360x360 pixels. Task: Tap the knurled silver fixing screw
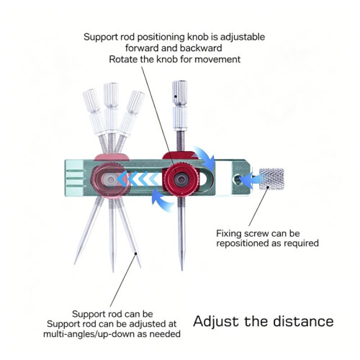[x=271, y=179]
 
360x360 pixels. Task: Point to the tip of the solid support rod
[x=181, y=269]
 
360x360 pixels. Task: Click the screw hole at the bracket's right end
[x=238, y=179]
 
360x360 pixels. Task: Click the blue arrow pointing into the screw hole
[x=250, y=179]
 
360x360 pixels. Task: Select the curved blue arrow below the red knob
[x=163, y=200]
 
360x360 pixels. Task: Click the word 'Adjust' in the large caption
[x=216, y=322]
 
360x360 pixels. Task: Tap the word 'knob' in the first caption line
[x=197, y=37]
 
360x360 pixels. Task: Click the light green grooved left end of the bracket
[x=74, y=178]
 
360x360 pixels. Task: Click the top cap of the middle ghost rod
[x=111, y=95]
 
